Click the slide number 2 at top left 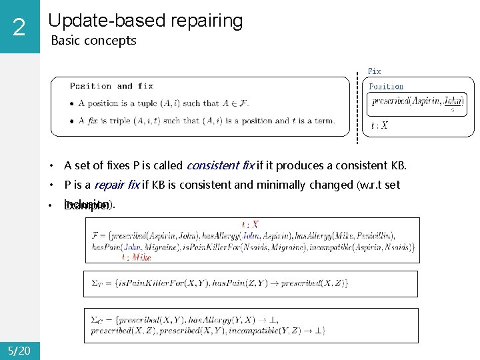click(x=19, y=27)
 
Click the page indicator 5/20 click(x=19, y=349)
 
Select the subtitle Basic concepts click(x=93, y=41)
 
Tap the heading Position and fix click(x=111, y=86)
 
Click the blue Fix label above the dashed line click(x=375, y=71)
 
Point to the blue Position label click(x=386, y=87)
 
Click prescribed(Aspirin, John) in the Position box click(x=417, y=101)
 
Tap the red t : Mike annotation click(x=136, y=257)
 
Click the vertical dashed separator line click(x=359, y=107)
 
